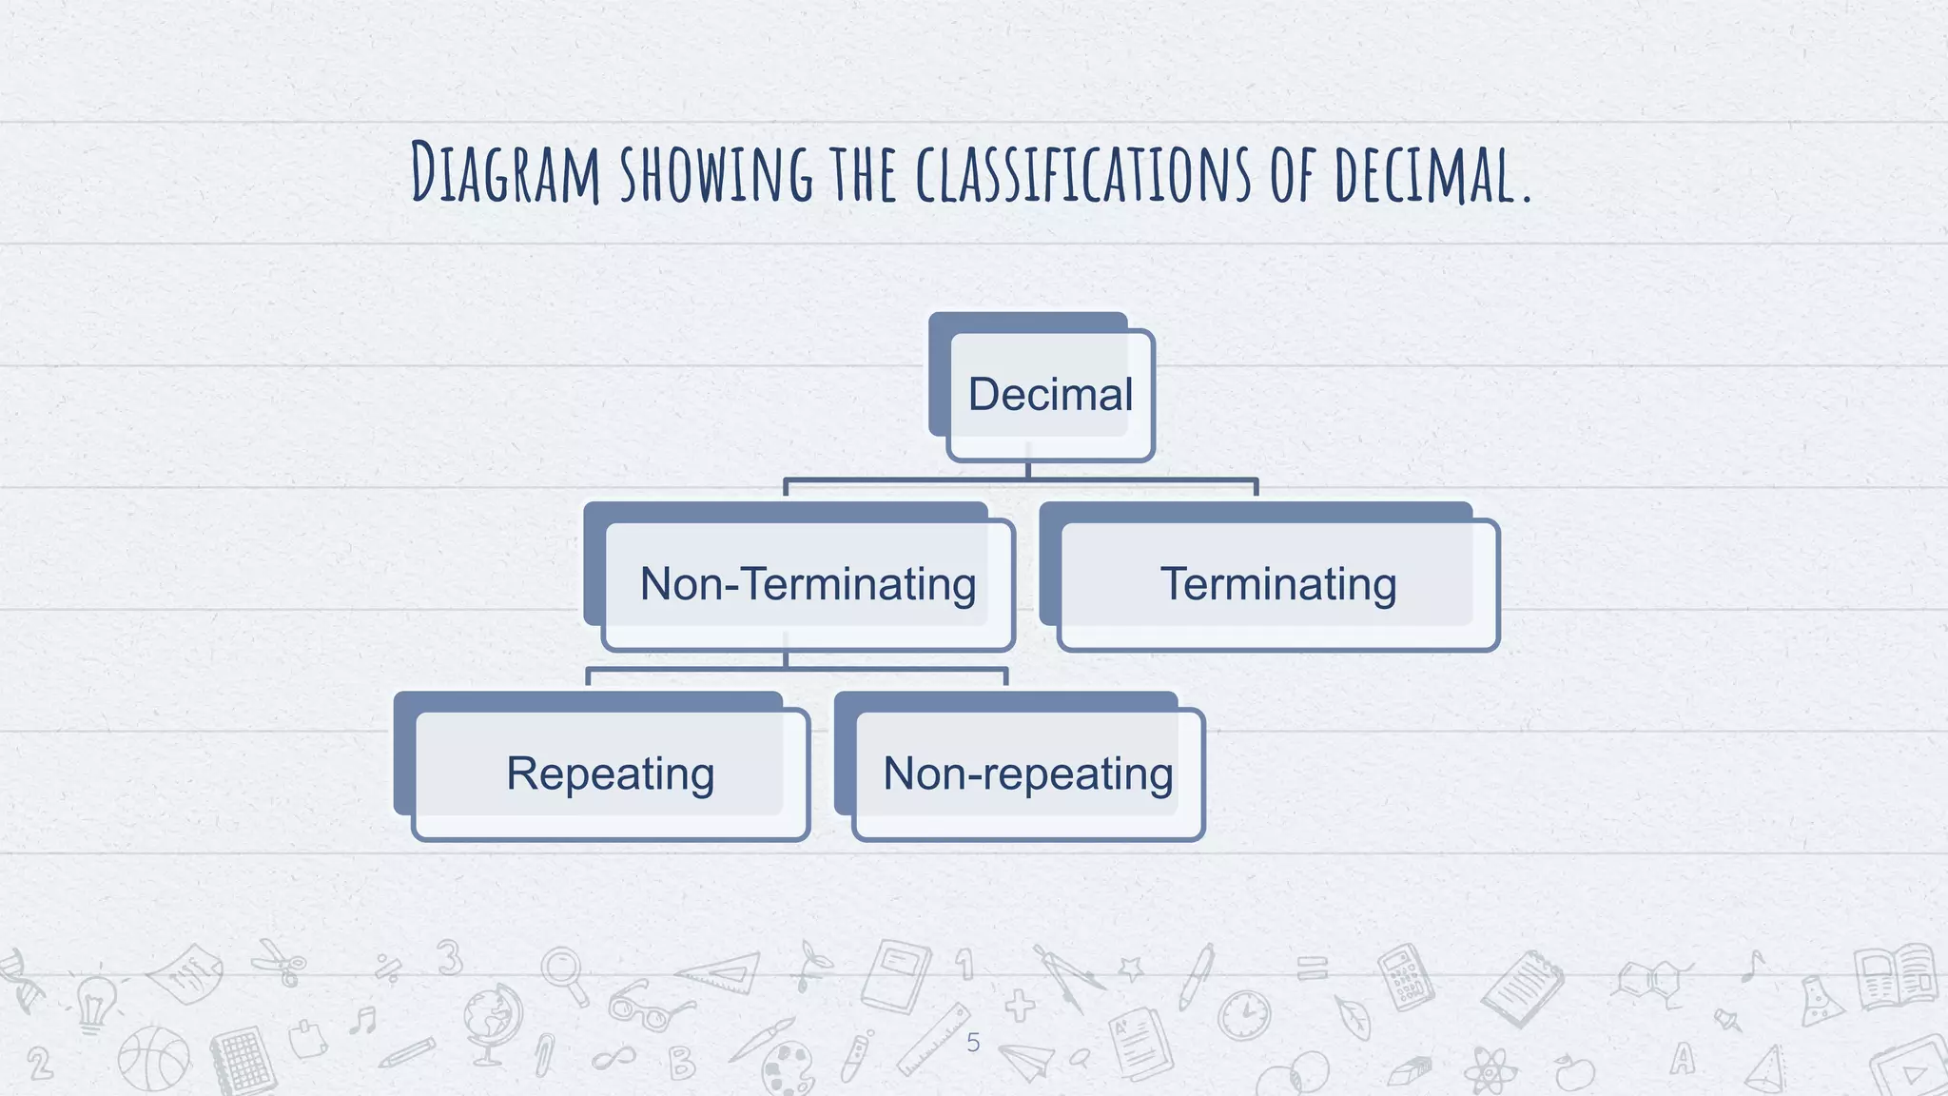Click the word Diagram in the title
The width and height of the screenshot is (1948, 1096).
[505, 173]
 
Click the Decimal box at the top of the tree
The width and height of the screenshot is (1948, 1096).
[1050, 395]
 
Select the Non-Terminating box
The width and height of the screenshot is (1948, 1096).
[808, 584]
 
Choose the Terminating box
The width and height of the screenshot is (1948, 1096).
[1277, 584]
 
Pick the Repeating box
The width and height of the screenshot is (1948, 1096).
[611, 773]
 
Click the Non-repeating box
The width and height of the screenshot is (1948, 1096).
[1027, 773]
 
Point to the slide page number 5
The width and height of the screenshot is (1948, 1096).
[972, 1043]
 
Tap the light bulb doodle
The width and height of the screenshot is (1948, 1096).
[94, 1003]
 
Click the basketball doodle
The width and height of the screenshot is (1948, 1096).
[154, 1059]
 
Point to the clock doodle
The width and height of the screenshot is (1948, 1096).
[1245, 1015]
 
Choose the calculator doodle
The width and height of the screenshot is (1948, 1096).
[1406, 976]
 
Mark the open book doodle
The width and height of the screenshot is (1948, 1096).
[1896, 976]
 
